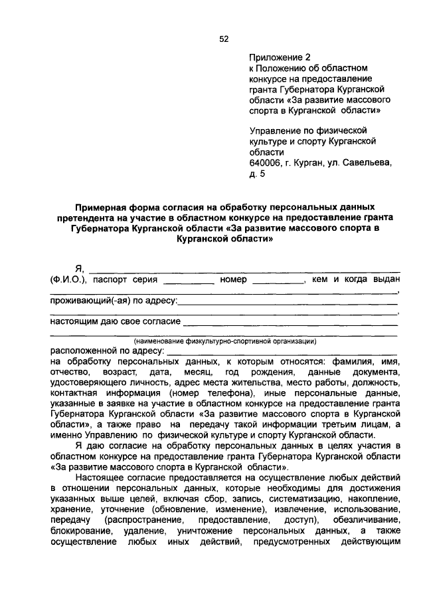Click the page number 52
pyautogui.click(x=224, y=39)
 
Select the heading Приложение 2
pyautogui.click(x=279, y=58)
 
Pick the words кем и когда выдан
pyautogui.click(x=355, y=279)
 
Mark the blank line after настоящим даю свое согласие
pyautogui.click(x=290, y=325)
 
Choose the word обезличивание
pyautogui.click(x=366, y=520)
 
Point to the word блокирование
pyautogui.click(x=80, y=530)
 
